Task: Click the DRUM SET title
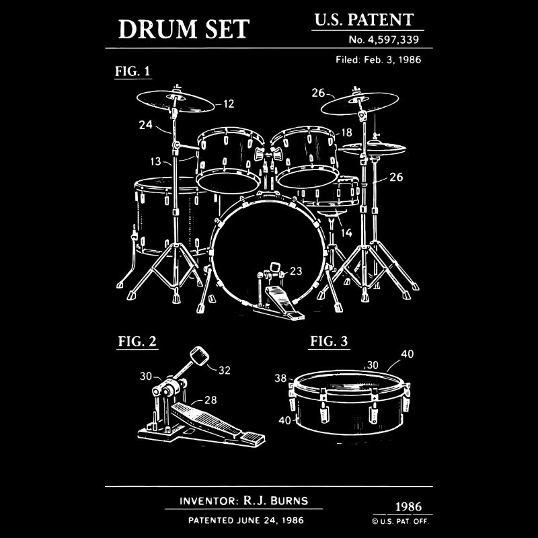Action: pyautogui.click(x=184, y=29)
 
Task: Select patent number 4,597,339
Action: pyautogui.click(x=393, y=40)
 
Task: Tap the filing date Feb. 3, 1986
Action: pyautogui.click(x=392, y=60)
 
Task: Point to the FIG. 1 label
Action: pyautogui.click(x=132, y=71)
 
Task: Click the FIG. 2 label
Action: pyautogui.click(x=137, y=342)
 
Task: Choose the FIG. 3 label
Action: pyautogui.click(x=329, y=342)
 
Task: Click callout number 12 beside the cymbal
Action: pyautogui.click(x=229, y=104)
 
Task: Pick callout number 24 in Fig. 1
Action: pyautogui.click(x=145, y=124)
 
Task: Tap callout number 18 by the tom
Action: pyautogui.click(x=346, y=132)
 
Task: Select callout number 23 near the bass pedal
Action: pyautogui.click(x=296, y=271)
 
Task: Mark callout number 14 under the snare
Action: pyautogui.click(x=346, y=233)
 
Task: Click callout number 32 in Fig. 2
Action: pyautogui.click(x=225, y=371)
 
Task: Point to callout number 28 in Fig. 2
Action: pyautogui.click(x=210, y=399)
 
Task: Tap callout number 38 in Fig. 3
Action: pyautogui.click(x=280, y=378)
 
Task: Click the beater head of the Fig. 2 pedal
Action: pyautogui.click(x=199, y=356)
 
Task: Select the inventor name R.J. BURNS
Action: pyautogui.click(x=276, y=500)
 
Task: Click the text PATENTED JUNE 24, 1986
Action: pyautogui.click(x=246, y=520)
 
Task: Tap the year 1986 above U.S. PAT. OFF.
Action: pyautogui.click(x=408, y=507)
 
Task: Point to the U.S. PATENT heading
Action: pyautogui.click(x=364, y=20)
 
